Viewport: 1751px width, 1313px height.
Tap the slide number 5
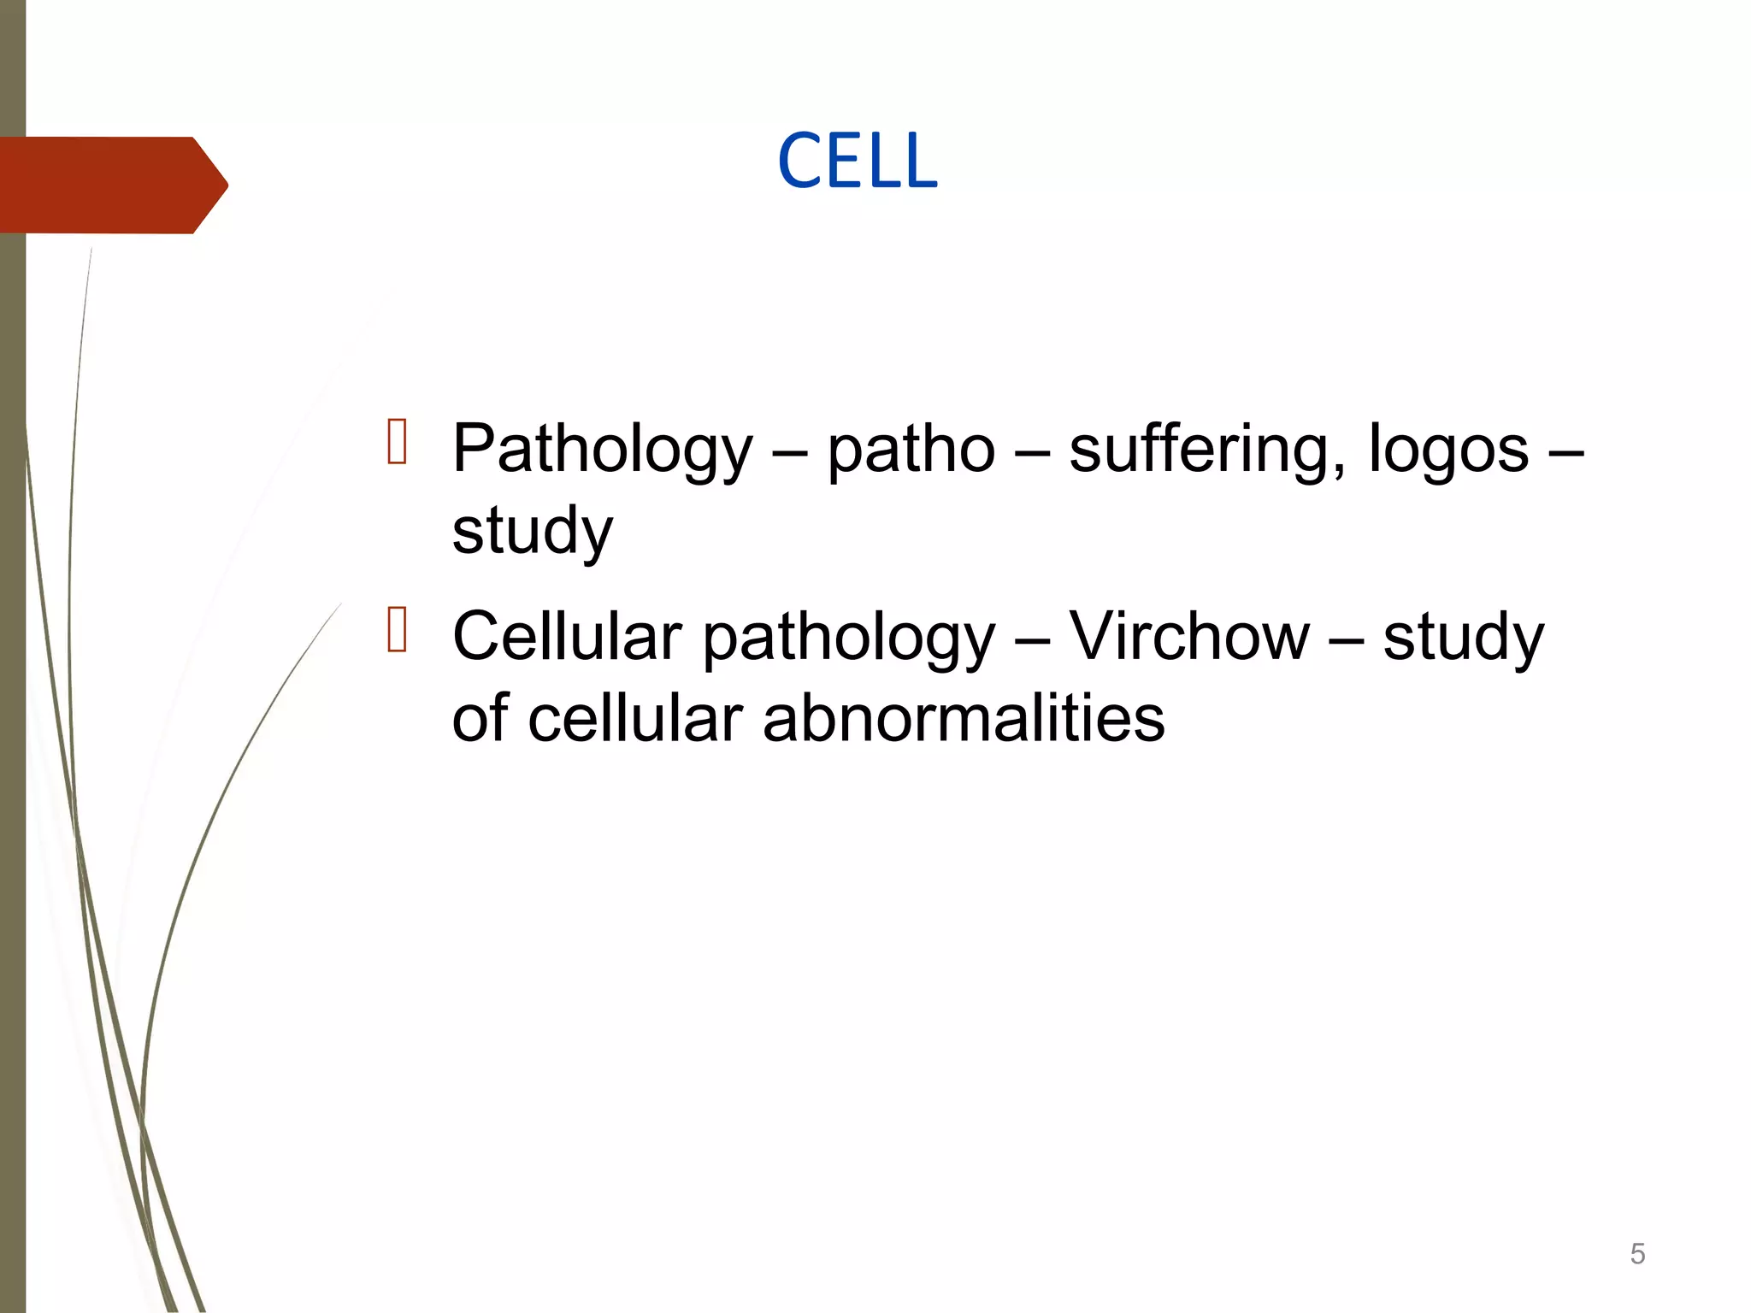(1637, 1254)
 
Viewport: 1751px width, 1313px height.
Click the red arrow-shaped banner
(111, 185)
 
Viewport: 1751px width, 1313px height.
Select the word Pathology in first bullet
(602, 450)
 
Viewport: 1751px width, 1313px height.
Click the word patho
(911, 450)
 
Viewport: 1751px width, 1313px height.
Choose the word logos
(1447, 450)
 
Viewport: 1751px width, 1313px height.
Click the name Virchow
(1189, 637)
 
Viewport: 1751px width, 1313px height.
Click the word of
(480, 718)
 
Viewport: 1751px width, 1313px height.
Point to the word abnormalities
(963, 718)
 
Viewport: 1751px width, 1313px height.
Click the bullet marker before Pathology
(397, 441)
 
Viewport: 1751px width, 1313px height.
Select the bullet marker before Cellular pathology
(397, 629)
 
